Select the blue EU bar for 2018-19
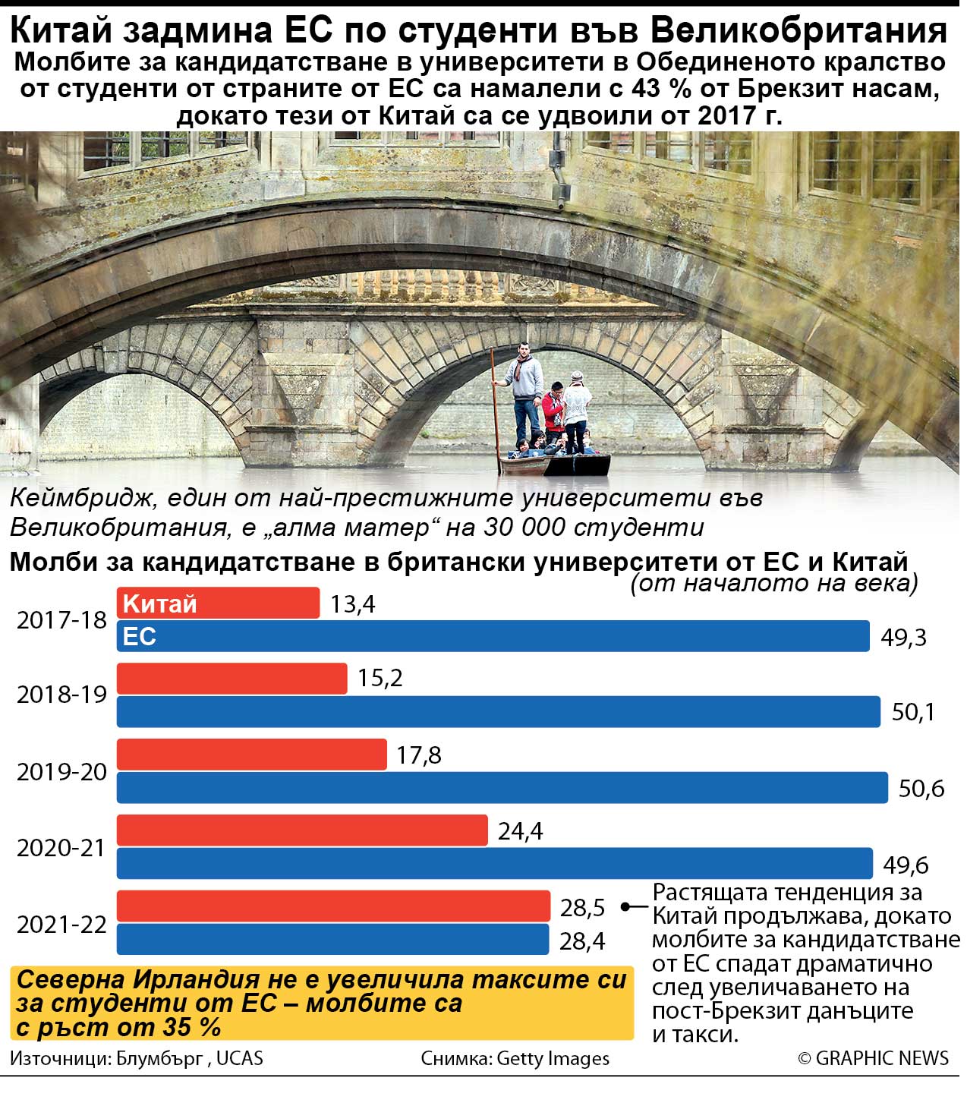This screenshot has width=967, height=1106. pyautogui.click(x=498, y=711)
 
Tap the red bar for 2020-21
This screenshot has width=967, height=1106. pyautogui.click(x=301, y=830)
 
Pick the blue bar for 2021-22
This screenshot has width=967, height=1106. pyautogui.click(x=332, y=939)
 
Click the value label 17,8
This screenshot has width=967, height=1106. pyautogui.click(x=418, y=755)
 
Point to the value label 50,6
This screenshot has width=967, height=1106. pyautogui.click(x=921, y=789)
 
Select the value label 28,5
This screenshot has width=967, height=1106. pyautogui.click(x=582, y=907)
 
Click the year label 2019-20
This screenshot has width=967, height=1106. pyautogui.click(x=61, y=772)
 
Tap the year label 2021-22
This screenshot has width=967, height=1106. pyautogui.click(x=61, y=925)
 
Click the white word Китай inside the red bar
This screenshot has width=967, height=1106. pyautogui.click(x=159, y=603)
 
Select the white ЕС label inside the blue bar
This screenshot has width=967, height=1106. pyautogui.click(x=139, y=636)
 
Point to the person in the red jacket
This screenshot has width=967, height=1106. pyautogui.click(x=553, y=412)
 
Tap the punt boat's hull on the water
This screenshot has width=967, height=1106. pyautogui.click(x=554, y=465)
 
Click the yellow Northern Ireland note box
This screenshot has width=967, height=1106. pyautogui.click(x=322, y=1003)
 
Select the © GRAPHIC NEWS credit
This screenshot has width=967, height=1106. pyautogui.click(x=873, y=1058)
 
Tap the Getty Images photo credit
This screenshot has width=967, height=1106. pyautogui.click(x=552, y=1058)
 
